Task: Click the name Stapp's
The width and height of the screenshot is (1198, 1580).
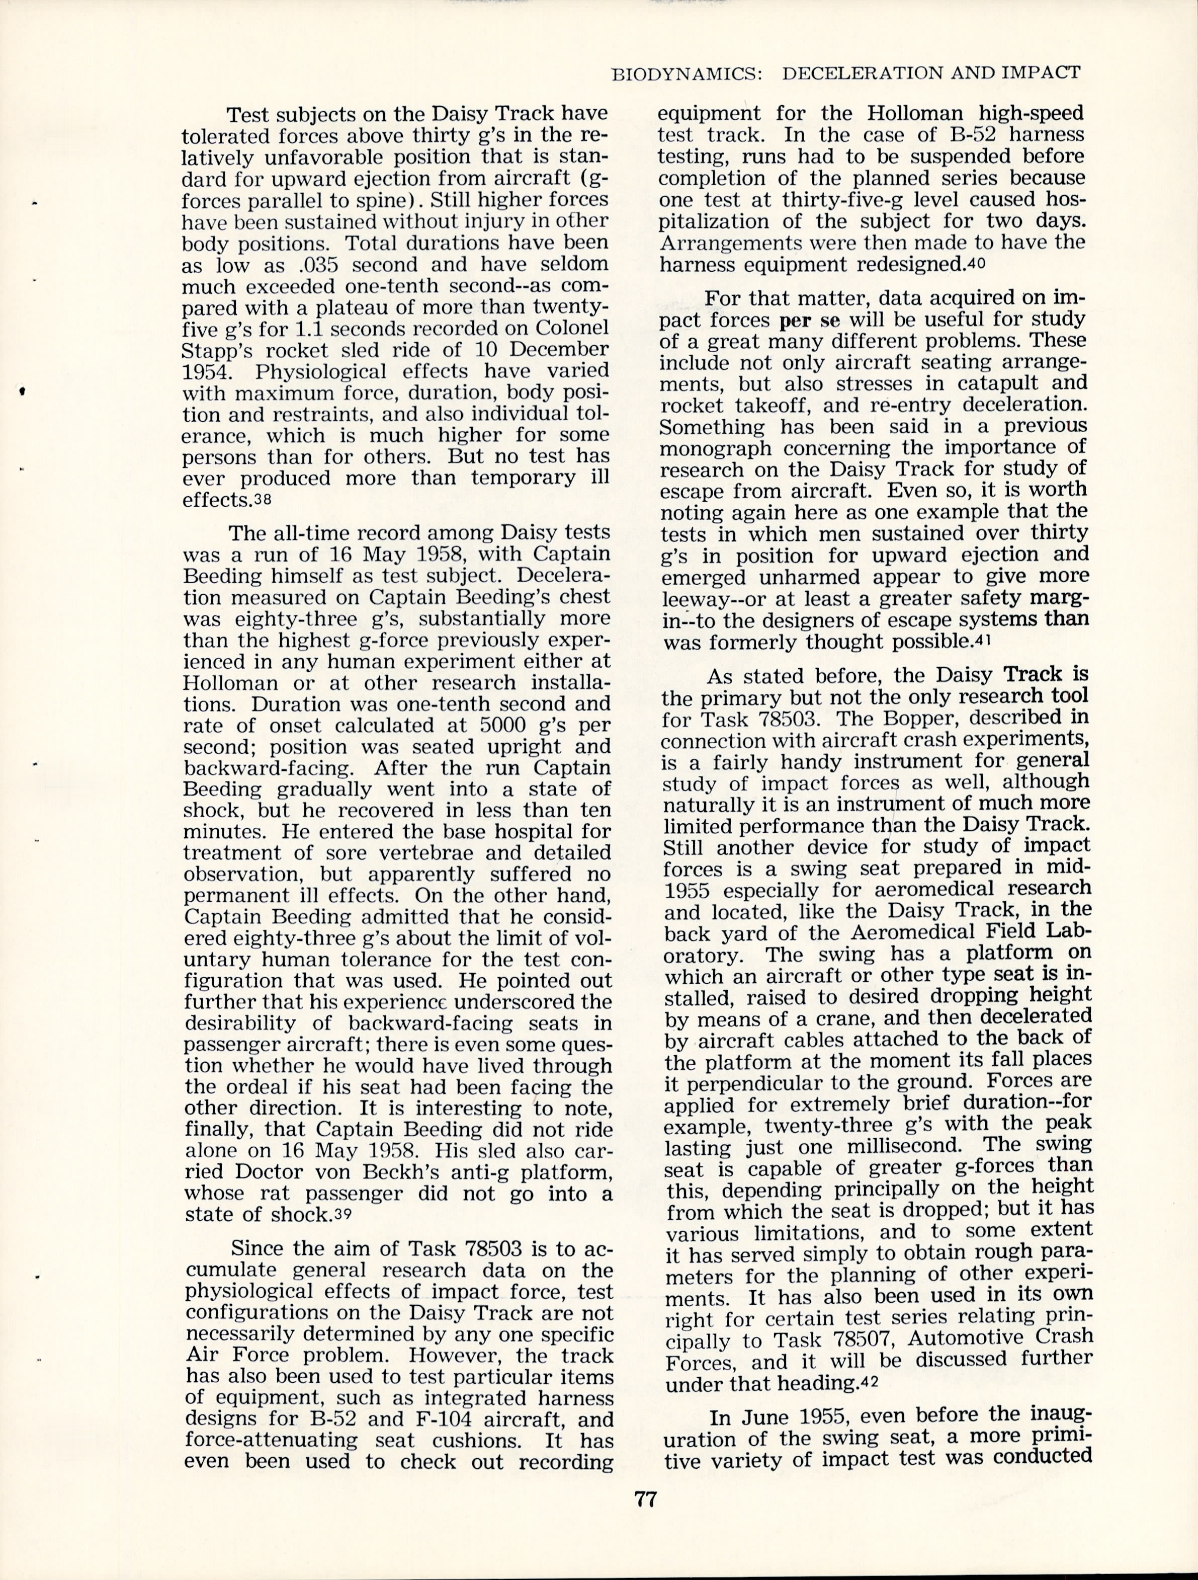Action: click(x=215, y=350)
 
